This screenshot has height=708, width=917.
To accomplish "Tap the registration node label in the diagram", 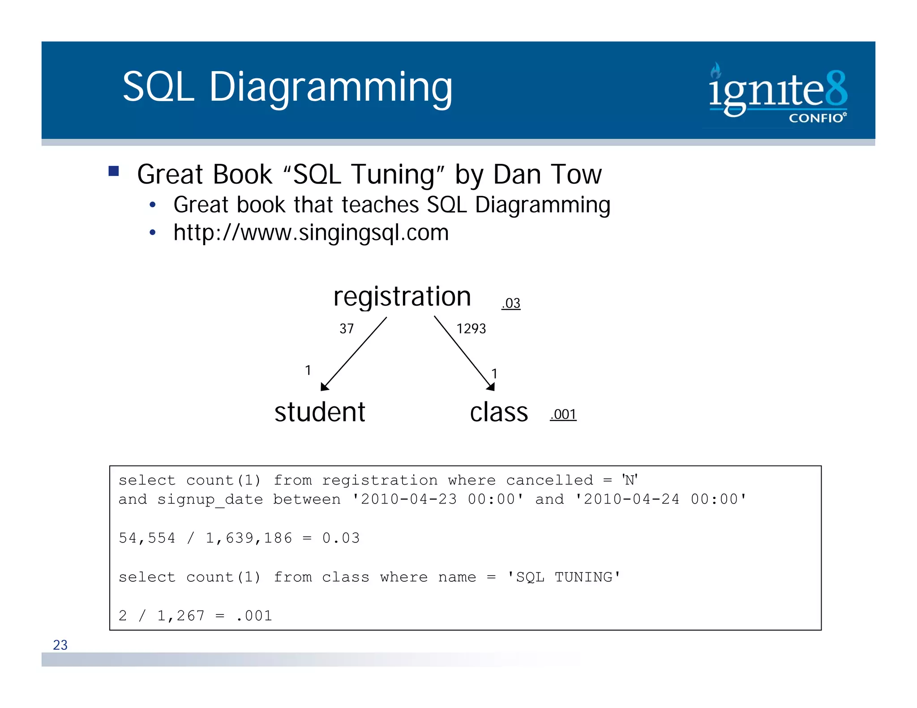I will coord(402,297).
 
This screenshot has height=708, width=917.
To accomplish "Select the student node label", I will coord(320,412).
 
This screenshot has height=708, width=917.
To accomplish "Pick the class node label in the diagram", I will coord(499,412).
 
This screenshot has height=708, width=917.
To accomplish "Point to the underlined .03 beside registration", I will coord(511,303).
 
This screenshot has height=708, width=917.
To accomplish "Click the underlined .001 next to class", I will coord(563,414).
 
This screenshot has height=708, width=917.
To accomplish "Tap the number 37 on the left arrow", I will coord(347,329).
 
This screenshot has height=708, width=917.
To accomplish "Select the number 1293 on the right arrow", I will coord(471,329).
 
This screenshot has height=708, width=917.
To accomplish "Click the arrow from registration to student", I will coord(354,354).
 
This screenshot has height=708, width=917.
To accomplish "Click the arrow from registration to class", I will coord(464,353).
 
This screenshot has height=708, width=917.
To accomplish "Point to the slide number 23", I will coord(60,645).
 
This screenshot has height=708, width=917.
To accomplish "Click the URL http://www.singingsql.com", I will coord(311,233).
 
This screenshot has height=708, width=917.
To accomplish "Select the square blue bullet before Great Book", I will coord(114,171).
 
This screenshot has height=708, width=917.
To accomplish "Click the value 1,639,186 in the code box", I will coord(249,538).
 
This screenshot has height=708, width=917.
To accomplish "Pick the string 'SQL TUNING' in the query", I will coord(564,577).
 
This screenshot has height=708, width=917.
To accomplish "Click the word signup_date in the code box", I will coord(210,499).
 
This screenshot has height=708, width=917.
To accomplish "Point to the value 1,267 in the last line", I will coord(180,616).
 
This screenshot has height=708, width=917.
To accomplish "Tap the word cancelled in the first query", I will coord(549,480).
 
